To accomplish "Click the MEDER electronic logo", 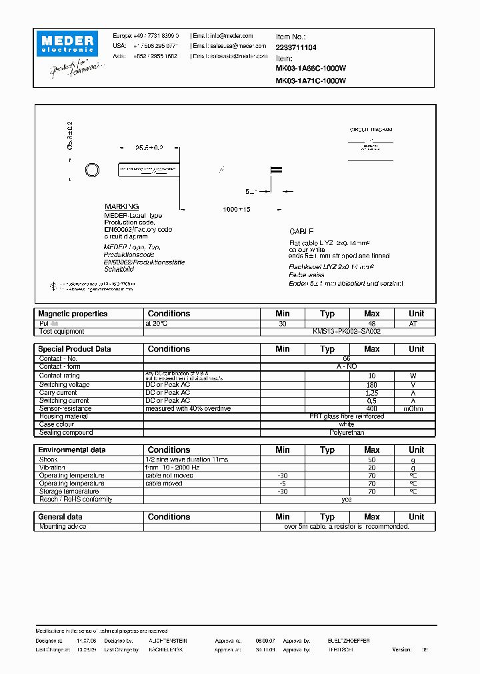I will (67, 44).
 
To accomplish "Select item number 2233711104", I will (296, 47).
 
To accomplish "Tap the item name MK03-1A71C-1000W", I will (311, 81).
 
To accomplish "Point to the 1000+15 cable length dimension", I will (237, 209).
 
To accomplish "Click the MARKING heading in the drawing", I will (121, 207).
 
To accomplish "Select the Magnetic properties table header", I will (73, 314).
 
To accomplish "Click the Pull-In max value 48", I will (371, 323).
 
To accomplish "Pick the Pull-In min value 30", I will (283, 323).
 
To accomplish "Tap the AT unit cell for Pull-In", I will (416, 323).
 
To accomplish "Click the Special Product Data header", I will (75, 349).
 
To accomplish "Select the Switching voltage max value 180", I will (371, 385).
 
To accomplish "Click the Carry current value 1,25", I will (371, 393).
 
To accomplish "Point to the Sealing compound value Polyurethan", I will (347, 432).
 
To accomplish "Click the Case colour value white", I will (347, 424).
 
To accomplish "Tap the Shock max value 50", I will (371, 460).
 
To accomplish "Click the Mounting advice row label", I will (63, 526).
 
